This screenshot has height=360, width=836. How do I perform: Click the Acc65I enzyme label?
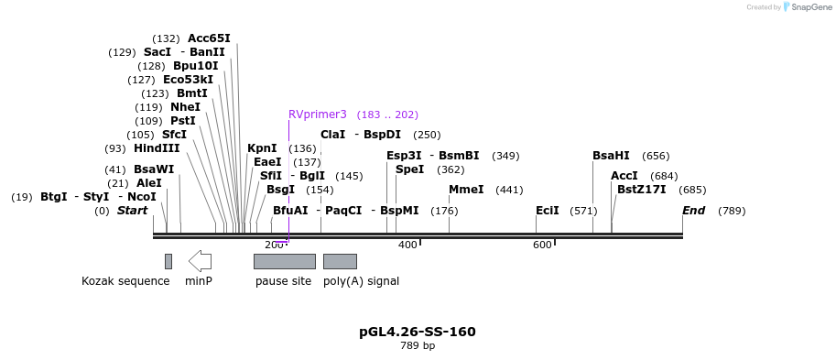(x=209, y=38)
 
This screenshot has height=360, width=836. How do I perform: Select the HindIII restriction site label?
(x=157, y=148)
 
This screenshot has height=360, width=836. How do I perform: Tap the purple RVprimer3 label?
(x=318, y=115)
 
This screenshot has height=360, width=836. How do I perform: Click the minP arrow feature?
(x=200, y=261)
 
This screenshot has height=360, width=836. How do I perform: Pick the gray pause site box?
(x=284, y=261)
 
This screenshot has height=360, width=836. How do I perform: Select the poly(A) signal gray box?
(x=340, y=261)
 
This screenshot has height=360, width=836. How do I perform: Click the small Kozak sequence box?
(x=168, y=261)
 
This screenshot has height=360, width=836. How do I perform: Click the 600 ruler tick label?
(x=542, y=245)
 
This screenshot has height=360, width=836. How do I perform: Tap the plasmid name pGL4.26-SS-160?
(x=418, y=332)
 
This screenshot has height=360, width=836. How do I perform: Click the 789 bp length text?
(x=418, y=346)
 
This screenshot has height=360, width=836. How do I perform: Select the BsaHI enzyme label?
(x=611, y=156)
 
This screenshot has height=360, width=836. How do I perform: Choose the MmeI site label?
(x=466, y=190)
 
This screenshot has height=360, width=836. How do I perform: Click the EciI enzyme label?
(x=548, y=211)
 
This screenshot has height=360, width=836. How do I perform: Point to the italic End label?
(x=694, y=211)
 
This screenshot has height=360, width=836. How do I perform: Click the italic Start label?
(x=132, y=211)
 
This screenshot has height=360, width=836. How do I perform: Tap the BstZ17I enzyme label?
(x=642, y=190)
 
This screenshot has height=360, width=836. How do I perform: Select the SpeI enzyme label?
(x=410, y=169)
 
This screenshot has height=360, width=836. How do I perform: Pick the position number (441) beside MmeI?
(x=509, y=190)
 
